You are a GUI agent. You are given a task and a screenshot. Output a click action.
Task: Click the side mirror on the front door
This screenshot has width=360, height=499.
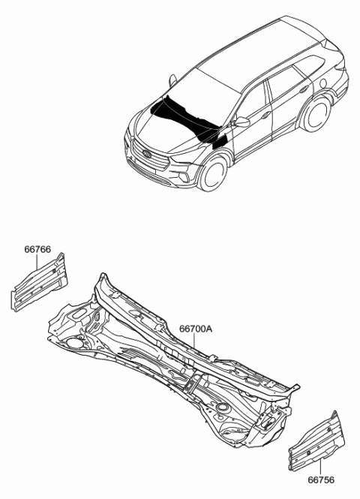coord(242,121)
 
